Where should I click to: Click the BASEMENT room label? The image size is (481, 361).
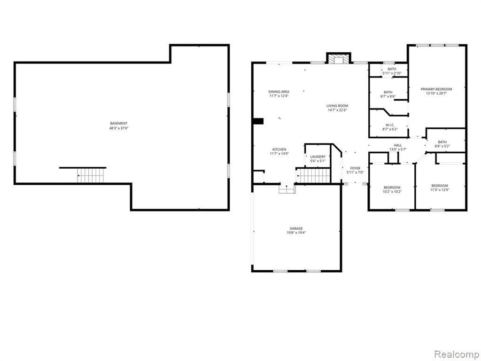click(119, 124)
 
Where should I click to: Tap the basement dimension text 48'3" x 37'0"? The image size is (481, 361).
click(119, 128)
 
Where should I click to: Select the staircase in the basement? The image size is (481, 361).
click(91, 175)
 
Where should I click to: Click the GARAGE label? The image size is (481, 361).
click(296, 228)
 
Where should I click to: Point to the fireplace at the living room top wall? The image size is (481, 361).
click(338, 59)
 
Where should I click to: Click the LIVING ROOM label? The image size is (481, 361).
click(337, 106)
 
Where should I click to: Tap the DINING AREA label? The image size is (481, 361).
click(279, 92)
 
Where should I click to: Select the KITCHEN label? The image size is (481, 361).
click(279, 149)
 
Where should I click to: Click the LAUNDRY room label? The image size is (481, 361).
click(318, 157)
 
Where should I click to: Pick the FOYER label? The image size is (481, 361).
click(355, 168)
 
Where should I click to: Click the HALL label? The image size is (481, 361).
click(398, 145)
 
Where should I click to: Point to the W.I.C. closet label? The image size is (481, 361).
click(390, 125)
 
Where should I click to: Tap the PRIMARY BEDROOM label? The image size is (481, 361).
click(436, 89)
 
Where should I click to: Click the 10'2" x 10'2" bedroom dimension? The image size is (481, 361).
click(392, 192)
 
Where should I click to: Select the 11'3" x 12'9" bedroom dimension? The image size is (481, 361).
click(440, 190)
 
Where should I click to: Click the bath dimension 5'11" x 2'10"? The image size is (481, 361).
click(392, 73)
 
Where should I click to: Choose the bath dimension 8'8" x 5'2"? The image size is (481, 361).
click(442, 147)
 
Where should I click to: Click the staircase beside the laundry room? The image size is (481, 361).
click(313, 176)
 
